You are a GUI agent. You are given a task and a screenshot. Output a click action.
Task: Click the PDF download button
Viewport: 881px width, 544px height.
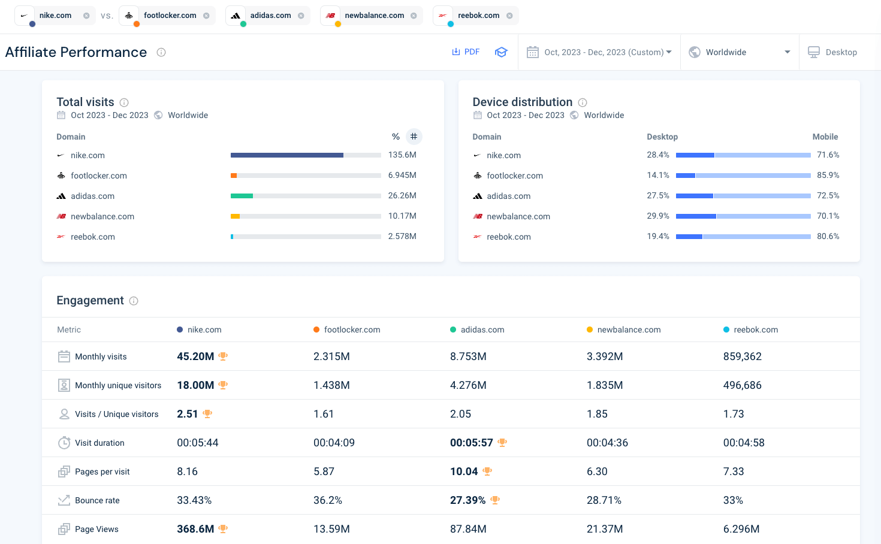(x=466, y=52)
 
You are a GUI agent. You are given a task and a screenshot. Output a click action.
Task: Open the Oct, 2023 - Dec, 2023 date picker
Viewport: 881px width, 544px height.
(x=599, y=52)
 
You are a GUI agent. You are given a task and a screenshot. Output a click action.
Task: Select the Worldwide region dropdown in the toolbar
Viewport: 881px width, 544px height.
(x=740, y=52)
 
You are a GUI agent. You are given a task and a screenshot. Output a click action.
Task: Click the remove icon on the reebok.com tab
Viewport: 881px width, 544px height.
(x=509, y=16)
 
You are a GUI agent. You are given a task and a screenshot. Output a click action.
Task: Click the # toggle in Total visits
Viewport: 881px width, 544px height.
(x=414, y=137)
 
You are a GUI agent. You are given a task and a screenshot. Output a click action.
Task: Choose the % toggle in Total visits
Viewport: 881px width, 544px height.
(x=396, y=137)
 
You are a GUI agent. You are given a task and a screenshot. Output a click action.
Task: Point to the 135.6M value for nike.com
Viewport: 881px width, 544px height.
(x=402, y=155)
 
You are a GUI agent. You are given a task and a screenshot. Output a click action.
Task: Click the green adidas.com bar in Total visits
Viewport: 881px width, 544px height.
(x=242, y=196)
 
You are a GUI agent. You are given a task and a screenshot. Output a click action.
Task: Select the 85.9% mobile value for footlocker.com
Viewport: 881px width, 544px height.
(x=828, y=176)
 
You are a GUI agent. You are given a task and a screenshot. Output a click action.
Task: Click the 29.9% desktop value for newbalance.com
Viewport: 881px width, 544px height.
(x=657, y=216)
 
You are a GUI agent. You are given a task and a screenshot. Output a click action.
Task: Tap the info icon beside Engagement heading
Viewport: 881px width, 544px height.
(x=134, y=301)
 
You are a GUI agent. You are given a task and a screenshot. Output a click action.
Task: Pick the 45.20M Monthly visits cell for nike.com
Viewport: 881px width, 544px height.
(x=195, y=356)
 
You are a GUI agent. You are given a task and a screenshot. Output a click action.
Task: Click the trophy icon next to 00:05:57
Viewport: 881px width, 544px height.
(x=502, y=443)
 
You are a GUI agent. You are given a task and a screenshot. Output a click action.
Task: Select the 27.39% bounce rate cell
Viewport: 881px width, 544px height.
(x=467, y=500)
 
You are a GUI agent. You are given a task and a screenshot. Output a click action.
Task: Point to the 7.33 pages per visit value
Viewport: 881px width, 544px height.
(x=734, y=472)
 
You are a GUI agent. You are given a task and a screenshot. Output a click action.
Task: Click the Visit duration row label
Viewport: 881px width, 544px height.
(x=99, y=443)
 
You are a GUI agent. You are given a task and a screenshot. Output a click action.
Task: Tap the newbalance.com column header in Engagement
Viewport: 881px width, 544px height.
(x=629, y=330)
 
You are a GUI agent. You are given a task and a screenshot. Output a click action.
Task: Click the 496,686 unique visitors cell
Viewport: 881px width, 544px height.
(x=742, y=385)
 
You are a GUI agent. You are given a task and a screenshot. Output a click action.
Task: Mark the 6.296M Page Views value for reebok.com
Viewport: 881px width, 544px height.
(x=741, y=529)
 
